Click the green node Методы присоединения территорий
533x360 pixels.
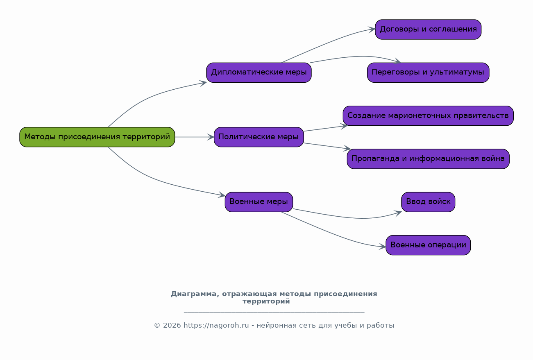(x=97, y=137)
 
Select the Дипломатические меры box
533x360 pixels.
(x=259, y=72)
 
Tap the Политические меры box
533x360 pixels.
(x=259, y=137)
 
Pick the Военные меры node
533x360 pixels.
(x=259, y=202)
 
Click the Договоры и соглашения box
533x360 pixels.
(x=428, y=29)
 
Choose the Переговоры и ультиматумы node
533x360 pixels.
(x=428, y=72)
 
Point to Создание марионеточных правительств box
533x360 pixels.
(x=428, y=116)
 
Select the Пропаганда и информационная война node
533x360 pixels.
(x=428, y=159)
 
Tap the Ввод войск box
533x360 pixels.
(x=428, y=202)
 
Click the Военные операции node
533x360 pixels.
(x=428, y=245)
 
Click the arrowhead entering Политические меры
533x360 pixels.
(x=211, y=137)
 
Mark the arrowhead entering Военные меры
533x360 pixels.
(x=222, y=195)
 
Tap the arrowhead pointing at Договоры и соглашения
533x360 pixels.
(x=372, y=29)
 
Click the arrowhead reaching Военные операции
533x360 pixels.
(x=382, y=247)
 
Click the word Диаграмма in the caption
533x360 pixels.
(x=194, y=294)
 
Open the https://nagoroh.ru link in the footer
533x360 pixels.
(x=216, y=325)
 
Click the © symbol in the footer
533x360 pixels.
(x=157, y=326)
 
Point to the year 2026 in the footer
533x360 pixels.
(x=172, y=325)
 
